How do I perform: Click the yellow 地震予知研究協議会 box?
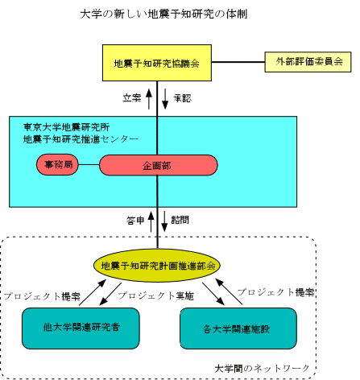157,63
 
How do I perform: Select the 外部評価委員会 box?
308,62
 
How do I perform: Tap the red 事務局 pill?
57,164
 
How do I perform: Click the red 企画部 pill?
159,165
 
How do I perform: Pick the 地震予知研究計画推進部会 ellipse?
157,266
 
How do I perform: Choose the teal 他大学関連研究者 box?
81,328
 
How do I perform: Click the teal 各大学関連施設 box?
238,328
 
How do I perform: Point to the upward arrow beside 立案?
149,99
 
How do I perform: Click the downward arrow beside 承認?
165,99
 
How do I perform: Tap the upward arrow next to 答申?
151,221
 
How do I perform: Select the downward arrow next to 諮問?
164,221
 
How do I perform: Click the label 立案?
132,98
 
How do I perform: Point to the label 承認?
183,98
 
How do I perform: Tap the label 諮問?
180,220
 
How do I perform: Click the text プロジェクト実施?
156,295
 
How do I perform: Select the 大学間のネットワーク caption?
262,369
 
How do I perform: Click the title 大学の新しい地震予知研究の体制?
163,14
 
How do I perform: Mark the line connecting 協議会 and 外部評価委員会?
238,62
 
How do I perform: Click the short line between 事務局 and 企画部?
89,164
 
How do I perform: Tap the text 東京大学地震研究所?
67,127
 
